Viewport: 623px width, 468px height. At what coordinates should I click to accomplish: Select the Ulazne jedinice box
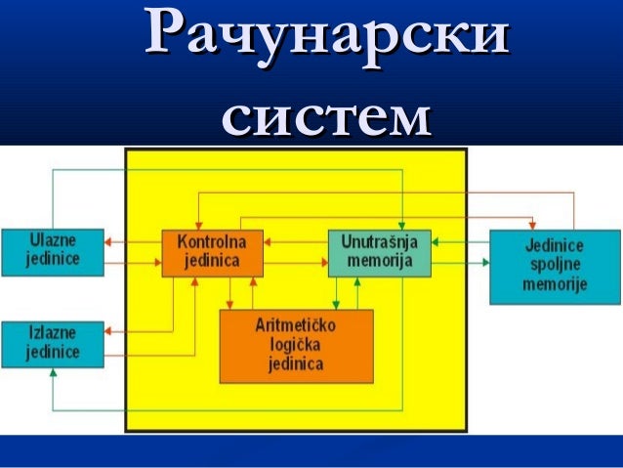coord(53,250)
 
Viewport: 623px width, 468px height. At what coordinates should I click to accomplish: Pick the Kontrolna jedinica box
coord(212,252)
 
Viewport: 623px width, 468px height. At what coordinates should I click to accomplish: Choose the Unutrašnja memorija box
coord(378,252)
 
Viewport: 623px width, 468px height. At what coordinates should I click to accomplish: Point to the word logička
coord(296,346)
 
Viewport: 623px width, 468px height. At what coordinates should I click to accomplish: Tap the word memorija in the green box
coord(378,261)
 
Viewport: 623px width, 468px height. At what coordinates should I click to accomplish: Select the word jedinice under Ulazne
coord(53,259)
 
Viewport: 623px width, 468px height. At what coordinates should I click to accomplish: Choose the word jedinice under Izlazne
coord(53,353)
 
